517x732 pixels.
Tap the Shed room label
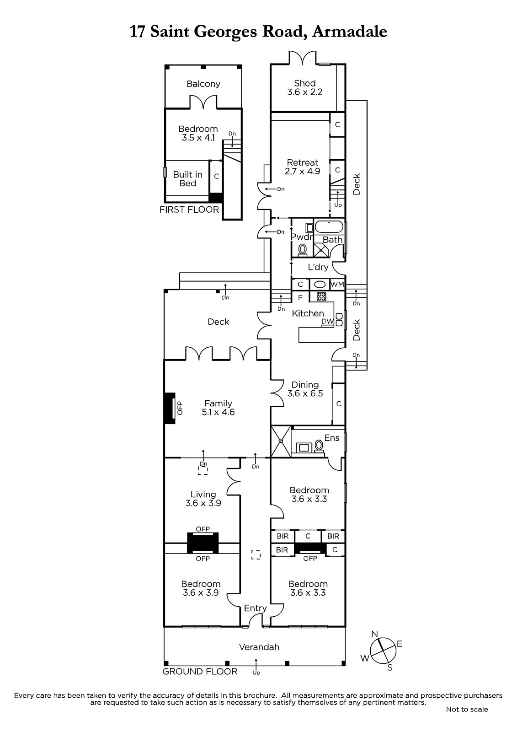point(305,83)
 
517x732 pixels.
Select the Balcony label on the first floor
point(203,84)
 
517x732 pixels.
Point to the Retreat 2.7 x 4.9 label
point(303,167)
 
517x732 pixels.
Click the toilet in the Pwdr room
point(303,250)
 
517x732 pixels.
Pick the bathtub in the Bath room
point(329,227)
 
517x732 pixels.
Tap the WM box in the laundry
point(337,284)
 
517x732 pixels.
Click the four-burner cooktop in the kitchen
point(321,296)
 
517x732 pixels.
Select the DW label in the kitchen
point(327,321)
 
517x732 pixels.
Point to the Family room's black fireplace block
point(170,408)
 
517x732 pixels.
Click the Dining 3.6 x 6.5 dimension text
point(305,393)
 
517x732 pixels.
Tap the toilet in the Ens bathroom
point(319,446)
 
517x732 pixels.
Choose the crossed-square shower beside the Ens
point(281,441)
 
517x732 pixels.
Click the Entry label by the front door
point(256,608)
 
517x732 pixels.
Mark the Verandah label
point(259,647)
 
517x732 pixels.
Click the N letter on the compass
point(374,634)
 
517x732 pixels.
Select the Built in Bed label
point(188,179)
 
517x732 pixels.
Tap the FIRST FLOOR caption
point(189,210)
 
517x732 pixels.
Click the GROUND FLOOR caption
point(200,672)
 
